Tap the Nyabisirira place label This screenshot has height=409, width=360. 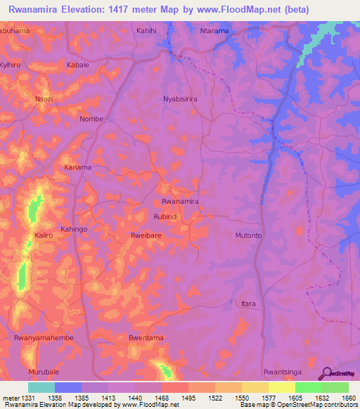click(x=181, y=100)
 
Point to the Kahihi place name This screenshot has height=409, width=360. click(x=147, y=31)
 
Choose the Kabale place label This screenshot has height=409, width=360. click(x=77, y=65)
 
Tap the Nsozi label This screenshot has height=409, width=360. click(x=44, y=99)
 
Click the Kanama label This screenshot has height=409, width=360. click(x=78, y=167)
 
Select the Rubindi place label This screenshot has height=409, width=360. click(x=166, y=217)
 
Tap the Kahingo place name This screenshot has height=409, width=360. click(x=74, y=229)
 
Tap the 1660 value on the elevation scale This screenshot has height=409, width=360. click(x=348, y=397)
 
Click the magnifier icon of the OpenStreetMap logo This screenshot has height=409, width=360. click(x=326, y=373)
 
